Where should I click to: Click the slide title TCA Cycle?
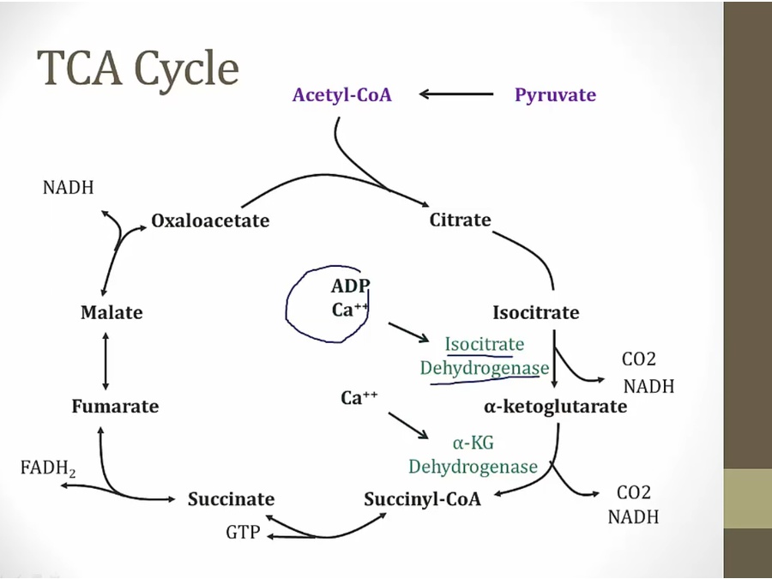pyautogui.click(x=137, y=69)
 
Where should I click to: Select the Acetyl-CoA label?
pyautogui.click(x=341, y=95)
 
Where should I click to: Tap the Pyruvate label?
pyautogui.click(x=555, y=95)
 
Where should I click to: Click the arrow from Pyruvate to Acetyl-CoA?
pyautogui.click(x=456, y=94)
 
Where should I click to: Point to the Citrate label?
pyautogui.click(x=460, y=220)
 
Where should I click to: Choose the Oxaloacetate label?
pyautogui.click(x=210, y=221)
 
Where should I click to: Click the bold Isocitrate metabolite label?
pyautogui.click(x=535, y=312)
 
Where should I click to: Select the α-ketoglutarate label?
pyautogui.click(x=556, y=407)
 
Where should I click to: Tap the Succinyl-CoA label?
pyautogui.click(x=422, y=499)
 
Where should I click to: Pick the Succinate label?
pyautogui.click(x=231, y=499)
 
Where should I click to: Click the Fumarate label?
pyautogui.click(x=115, y=407)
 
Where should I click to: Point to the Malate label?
pyautogui.click(x=112, y=312)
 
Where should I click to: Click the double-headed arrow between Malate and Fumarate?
pyautogui.click(x=106, y=359)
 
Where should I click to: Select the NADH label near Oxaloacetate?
pyautogui.click(x=68, y=187)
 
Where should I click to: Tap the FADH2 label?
pyautogui.click(x=47, y=468)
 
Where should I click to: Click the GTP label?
pyautogui.click(x=243, y=533)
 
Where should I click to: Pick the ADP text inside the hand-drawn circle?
pyautogui.click(x=350, y=286)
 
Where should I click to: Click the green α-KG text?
pyautogui.click(x=473, y=443)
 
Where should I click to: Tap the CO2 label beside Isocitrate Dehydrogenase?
pyautogui.click(x=638, y=359)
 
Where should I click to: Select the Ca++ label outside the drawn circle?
pyautogui.click(x=359, y=398)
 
